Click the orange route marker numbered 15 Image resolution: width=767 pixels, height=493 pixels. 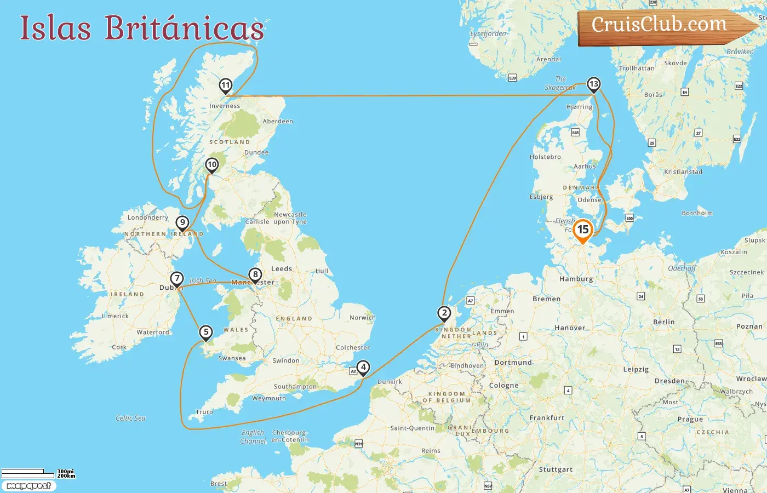tap(583, 230)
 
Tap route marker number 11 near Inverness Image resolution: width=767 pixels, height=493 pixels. tap(225, 85)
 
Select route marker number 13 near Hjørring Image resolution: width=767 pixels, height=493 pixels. tap(593, 84)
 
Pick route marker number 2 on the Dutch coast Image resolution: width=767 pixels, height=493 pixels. tap(444, 313)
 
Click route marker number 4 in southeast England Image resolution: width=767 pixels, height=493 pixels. tap(363, 368)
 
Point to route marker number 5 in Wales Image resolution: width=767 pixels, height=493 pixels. tap(206, 332)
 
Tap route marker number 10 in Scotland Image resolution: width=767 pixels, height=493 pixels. tap(211, 164)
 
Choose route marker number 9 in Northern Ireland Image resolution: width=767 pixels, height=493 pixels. tap(182, 222)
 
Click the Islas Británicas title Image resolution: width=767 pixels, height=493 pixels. tap(142, 28)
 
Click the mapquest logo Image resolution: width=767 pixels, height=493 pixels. tap(28, 486)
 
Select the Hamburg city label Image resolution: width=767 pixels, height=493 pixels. tap(576, 279)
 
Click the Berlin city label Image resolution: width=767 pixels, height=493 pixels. tap(663, 322)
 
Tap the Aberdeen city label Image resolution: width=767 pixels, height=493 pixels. tap(278, 122)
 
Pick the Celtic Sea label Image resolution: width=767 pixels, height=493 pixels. tap(130, 419)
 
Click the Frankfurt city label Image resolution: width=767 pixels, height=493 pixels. tap(547, 418)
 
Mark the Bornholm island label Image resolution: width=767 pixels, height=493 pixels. tap(697, 213)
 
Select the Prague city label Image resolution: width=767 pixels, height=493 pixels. tap(690, 420)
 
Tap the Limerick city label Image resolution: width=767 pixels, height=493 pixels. tap(115, 316)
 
